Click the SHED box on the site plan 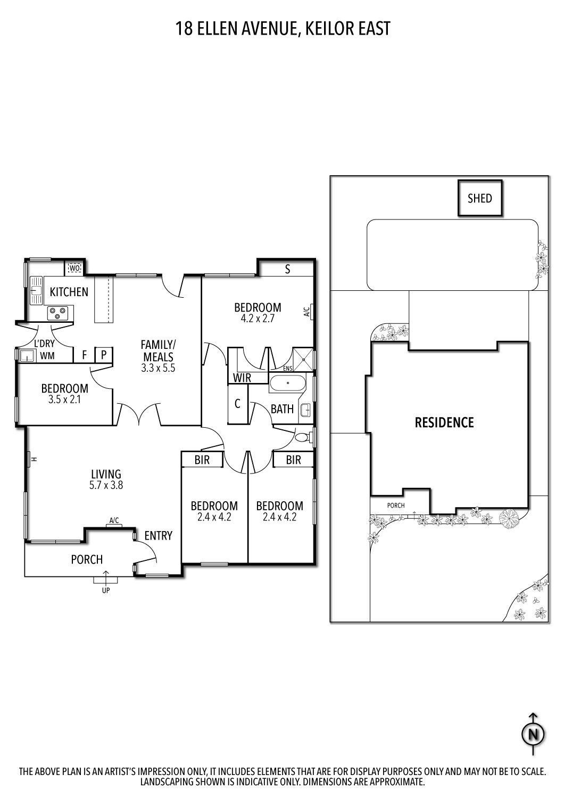pos(479,198)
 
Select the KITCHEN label pos(69,292)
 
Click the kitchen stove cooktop pos(57,313)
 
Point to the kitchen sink pos(37,290)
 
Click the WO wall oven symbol pos(74,268)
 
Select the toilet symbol pos(302,437)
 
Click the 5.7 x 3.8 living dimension pos(106,485)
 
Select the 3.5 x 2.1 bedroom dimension pos(64,399)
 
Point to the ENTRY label pos(158,535)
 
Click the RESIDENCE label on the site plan pos(444,422)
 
